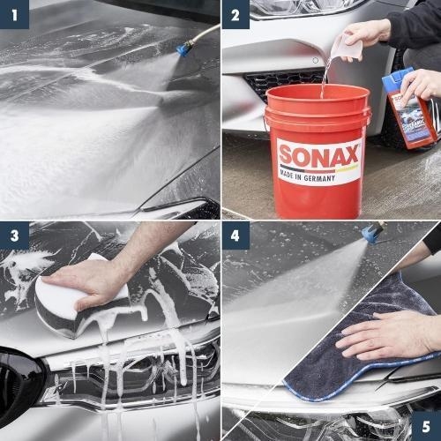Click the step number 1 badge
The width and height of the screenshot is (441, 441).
pyautogui.click(x=15, y=15)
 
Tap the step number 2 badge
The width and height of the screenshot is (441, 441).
pyautogui.click(x=235, y=15)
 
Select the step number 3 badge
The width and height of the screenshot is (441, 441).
pyautogui.click(x=15, y=236)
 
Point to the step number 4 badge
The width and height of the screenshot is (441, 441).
pyautogui.click(x=235, y=236)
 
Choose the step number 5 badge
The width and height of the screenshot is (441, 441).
pyautogui.click(x=426, y=426)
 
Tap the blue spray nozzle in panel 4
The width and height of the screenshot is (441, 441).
pyautogui.click(x=373, y=233)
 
